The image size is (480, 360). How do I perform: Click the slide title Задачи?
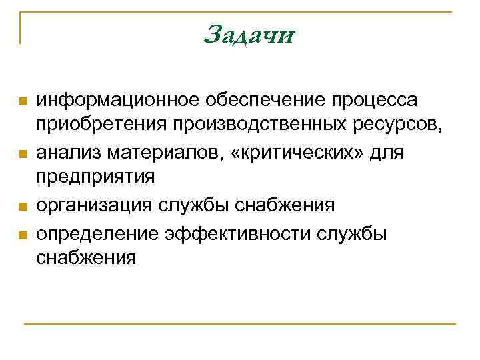(x=249, y=33)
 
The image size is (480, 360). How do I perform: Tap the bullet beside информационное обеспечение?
(x=22, y=101)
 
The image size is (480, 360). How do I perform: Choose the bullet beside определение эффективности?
(x=22, y=235)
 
